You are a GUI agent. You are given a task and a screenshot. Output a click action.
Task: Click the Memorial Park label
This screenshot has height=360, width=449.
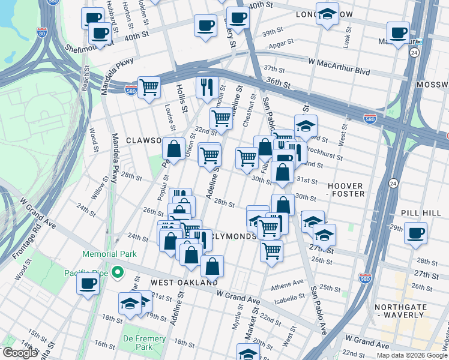109,254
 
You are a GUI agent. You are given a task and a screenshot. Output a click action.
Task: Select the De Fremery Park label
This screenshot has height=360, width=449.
144,343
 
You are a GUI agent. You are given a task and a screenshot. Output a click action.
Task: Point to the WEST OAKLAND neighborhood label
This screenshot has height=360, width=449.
184,282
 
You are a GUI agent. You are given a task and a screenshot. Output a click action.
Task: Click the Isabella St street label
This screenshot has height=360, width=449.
293,298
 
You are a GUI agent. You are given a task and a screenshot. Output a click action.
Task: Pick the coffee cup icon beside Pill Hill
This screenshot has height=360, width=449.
415,232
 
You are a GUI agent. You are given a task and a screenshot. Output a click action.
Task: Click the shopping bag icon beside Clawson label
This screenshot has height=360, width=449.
173,149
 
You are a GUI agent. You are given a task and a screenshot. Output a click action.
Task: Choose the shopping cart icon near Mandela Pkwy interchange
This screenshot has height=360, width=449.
149,86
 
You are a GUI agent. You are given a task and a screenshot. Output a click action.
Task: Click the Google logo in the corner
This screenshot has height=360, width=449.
19,353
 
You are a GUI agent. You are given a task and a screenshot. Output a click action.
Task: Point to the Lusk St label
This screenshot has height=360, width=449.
346,40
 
